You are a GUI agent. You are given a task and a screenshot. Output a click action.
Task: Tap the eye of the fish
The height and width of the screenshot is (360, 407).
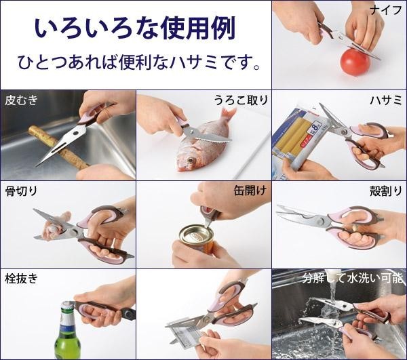pyautogui.click(x=191, y=160)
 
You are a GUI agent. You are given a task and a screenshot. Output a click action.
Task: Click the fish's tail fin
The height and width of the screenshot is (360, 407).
pyautogui.click(x=228, y=114)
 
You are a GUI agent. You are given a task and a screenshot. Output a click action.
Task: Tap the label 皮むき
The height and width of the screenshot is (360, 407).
pyautogui.click(x=21, y=100)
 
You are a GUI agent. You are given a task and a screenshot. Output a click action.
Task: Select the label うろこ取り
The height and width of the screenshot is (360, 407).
pyautogui.click(x=241, y=100)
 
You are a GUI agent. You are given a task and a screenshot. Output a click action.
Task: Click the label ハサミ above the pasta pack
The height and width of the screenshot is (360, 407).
pyautogui.click(x=386, y=100)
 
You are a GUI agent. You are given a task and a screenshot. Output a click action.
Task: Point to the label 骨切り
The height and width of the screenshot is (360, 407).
pyautogui.click(x=21, y=191)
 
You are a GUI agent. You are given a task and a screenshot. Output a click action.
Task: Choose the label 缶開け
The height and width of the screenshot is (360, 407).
pyautogui.click(x=250, y=191)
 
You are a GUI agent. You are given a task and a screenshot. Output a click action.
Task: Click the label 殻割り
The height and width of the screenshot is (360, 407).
pyautogui.click(x=386, y=191)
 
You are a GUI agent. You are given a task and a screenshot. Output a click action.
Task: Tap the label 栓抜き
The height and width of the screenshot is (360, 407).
pyautogui.click(x=21, y=279)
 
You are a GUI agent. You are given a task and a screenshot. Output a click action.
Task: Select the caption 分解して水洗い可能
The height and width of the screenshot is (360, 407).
pyautogui.click(x=353, y=278)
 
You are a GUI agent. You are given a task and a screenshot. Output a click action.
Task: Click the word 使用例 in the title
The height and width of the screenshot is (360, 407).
pyautogui.click(x=198, y=28)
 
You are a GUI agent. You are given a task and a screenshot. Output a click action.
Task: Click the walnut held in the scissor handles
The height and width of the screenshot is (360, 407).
pyautogui.click(x=355, y=228)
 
